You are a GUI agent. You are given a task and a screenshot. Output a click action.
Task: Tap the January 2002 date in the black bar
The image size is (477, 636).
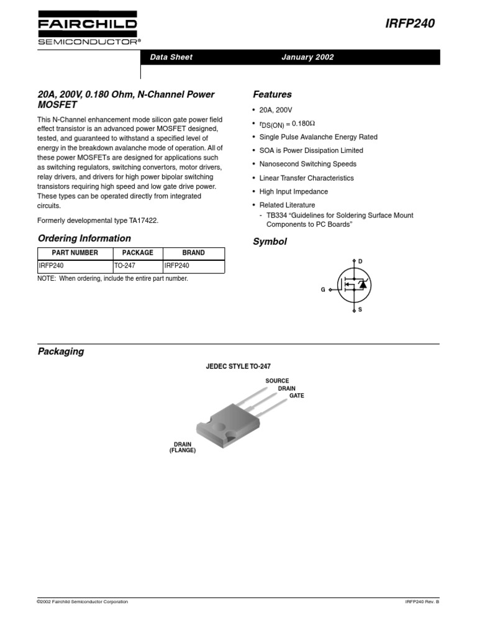[x=307, y=57]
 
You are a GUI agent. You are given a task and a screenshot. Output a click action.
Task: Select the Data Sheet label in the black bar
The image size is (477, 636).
[x=171, y=57]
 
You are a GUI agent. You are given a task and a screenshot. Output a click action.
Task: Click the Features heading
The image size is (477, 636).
[x=272, y=94]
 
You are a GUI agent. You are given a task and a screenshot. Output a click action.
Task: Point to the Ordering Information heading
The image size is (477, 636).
[x=84, y=238]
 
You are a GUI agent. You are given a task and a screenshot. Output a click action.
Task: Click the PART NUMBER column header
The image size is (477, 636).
[x=75, y=253]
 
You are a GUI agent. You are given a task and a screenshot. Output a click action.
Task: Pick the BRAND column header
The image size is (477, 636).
[x=193, y=253]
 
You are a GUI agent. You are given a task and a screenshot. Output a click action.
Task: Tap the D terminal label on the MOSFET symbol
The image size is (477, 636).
[x=360, y=261]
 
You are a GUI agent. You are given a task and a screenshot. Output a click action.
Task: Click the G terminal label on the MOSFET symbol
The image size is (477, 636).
[x=323, y=290]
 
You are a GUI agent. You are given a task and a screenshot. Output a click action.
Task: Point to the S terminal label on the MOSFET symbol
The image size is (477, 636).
[x=360, y=309]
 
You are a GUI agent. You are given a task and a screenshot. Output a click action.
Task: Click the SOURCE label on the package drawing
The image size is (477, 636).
[x=277, y=381]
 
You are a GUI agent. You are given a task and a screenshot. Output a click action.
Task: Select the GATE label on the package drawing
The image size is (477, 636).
[x=297, y=396]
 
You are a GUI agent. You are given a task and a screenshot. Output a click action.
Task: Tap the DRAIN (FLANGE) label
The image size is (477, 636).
[x=183, y=447]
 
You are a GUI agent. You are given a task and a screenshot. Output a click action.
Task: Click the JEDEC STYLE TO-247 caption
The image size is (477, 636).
[x=238, y=367]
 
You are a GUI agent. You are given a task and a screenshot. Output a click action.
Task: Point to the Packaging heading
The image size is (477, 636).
[x=61, y=352]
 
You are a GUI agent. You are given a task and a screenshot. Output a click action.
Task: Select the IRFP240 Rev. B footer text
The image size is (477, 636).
[x=422, y=602]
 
